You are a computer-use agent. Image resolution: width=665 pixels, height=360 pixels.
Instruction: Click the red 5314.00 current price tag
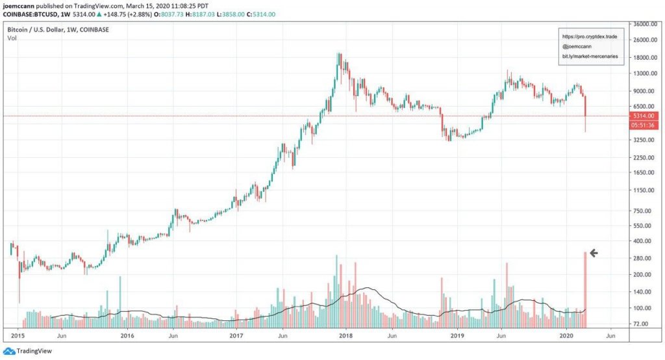646,116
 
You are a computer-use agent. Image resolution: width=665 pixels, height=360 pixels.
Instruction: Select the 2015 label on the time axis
17,337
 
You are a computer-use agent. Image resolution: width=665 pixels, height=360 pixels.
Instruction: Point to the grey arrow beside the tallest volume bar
593,253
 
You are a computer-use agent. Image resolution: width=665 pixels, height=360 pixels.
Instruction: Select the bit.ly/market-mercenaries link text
589,57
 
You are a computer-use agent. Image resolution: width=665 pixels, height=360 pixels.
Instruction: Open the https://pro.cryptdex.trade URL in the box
589,37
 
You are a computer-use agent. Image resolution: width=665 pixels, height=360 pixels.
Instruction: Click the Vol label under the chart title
11,38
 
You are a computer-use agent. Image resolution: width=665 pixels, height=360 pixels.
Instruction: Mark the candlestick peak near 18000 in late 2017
338,55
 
